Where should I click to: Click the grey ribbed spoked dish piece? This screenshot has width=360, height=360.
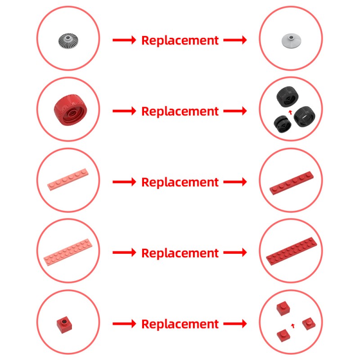pos(68,41)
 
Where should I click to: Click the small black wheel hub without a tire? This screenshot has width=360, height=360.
pos(283,124)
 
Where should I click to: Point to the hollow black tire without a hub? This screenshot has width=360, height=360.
pos(305,117)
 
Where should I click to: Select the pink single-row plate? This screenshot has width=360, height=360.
pos(68,180)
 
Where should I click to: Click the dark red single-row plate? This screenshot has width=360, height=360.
pos(292,183)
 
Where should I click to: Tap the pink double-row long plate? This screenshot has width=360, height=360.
pos(68,252)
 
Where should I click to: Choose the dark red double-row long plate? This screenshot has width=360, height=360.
pos(292,251)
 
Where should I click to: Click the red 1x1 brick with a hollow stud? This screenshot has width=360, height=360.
pos(64,325)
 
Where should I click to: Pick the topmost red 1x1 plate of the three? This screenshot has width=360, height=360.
pos(283,309)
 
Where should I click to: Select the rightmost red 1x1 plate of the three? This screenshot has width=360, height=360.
pos(309,324)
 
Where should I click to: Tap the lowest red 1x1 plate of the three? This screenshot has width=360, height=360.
pos(283,335)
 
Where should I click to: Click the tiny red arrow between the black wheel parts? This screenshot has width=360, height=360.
pos(290,112)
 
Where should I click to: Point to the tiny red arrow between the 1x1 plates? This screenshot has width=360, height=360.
pos(293,325)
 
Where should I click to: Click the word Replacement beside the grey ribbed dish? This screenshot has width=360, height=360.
pos(180,40)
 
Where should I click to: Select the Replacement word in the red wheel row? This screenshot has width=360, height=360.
pos(180,112)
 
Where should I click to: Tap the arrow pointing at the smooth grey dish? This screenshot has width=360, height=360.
pos(235,40)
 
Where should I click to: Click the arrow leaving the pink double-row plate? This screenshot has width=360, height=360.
pos(124,252)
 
